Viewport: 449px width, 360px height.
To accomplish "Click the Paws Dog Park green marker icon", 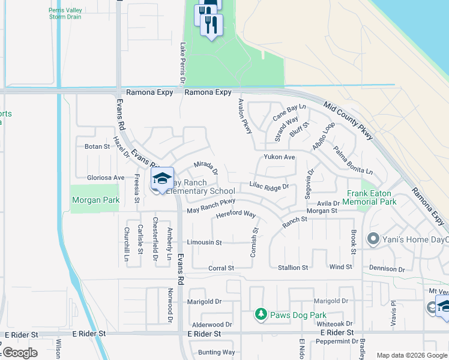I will (261, 314).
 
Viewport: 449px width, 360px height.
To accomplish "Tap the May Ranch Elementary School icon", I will (162, 179).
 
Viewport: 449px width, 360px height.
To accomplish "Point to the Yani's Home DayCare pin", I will (373, 239).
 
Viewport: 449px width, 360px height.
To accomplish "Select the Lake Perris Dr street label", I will (182, 64).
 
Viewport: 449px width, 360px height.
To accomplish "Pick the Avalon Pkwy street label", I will (245, 116).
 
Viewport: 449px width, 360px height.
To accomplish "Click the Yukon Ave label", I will (279, 157).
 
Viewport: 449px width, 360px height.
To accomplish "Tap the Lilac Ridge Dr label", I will (269, 187).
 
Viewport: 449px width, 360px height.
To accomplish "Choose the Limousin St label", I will (204, 242).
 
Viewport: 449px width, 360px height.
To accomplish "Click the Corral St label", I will (221, 268).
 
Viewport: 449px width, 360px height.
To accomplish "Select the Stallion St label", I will (293, 268).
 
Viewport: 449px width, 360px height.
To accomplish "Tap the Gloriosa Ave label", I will (106, 178).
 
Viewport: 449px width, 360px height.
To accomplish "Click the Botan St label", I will (97, 146).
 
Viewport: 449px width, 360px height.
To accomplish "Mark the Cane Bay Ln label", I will (289, 111).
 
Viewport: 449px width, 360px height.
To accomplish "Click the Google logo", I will (20, 353).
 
